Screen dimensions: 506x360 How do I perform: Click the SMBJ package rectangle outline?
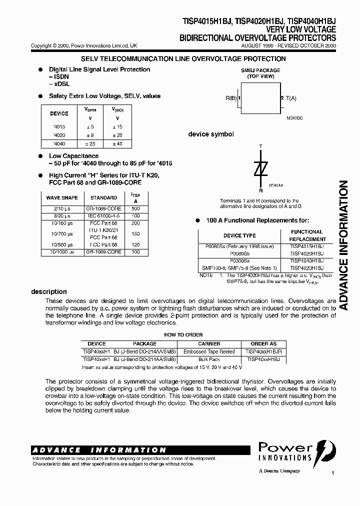pos(260,98)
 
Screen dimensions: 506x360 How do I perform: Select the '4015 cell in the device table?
pos(59,127)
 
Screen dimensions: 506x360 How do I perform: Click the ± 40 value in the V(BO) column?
pos(117,143)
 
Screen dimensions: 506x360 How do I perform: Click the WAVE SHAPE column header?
pos(62,198)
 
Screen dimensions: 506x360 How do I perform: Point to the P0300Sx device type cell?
pos(239,260)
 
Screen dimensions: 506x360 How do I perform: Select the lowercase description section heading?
pos(49,291)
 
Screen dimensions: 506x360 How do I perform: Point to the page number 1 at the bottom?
pos(332,472)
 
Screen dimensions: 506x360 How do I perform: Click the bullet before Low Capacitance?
pos(40,156)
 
